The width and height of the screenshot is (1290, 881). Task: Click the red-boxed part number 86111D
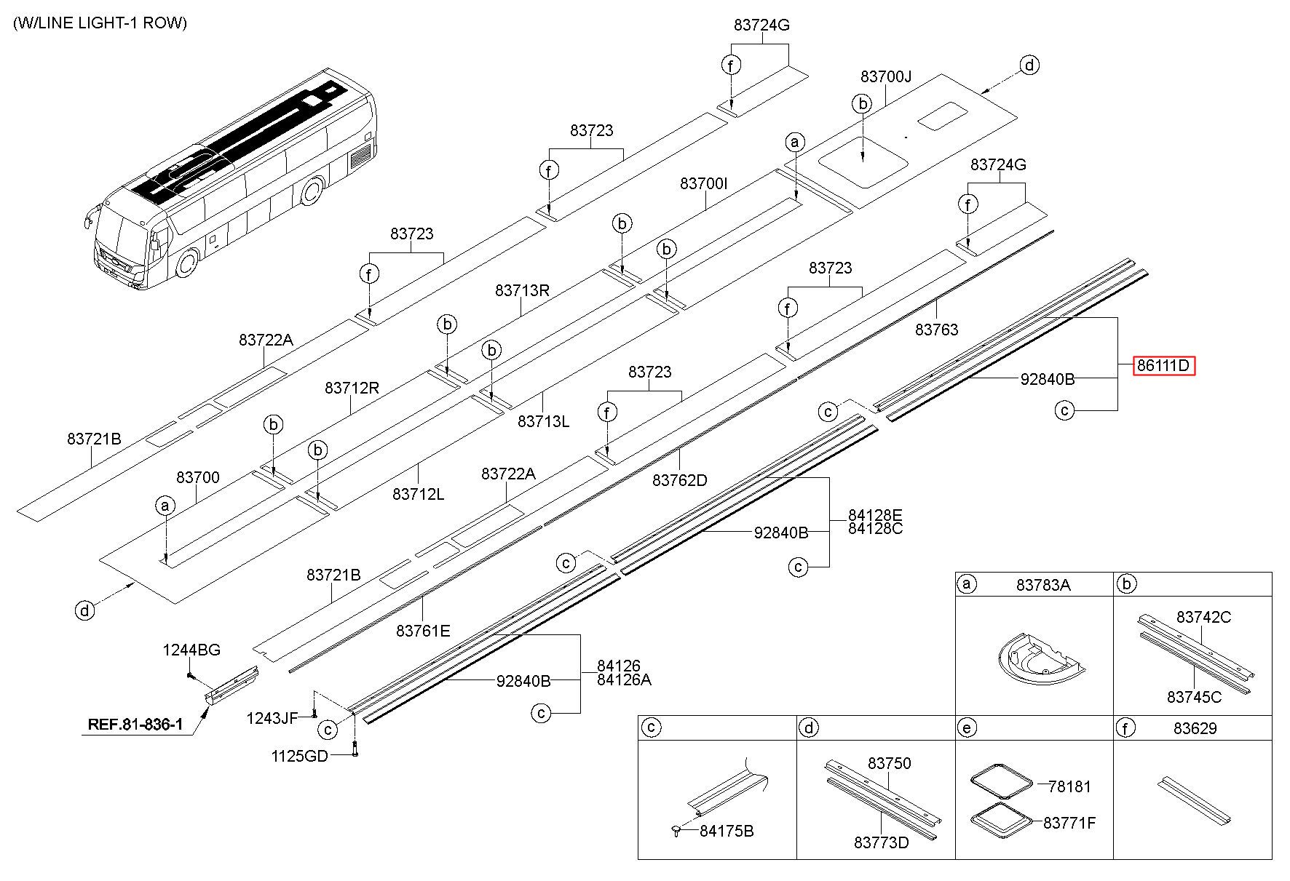coord(1163,366)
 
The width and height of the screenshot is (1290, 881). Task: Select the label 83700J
coord(886,76)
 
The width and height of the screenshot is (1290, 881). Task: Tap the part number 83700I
coord(704,183)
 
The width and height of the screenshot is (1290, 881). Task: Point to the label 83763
coord(937,330)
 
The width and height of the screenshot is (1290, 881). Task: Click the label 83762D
coord(680,480)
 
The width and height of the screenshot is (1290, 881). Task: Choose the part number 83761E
coord(423,631)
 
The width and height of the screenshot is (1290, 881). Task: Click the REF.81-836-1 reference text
coord(135,725)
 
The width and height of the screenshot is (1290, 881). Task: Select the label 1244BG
coord(191,650)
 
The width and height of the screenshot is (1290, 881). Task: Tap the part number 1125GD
coord(300,756)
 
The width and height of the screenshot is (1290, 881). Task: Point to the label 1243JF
coord(272,719)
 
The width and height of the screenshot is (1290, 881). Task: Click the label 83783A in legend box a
coord(1043,585)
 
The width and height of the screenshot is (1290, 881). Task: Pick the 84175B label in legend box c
coord(727,831)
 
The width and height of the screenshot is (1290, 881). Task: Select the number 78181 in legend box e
coord(1069,786)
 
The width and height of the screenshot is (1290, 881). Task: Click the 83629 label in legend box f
coord(1195,728)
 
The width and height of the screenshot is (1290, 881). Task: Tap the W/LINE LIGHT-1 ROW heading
coord(100,23)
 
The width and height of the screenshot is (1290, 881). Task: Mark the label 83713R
coord(522,290)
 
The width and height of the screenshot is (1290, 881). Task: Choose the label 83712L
coord(418,494)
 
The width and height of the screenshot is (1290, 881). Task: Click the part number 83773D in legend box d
coord(882,842)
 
